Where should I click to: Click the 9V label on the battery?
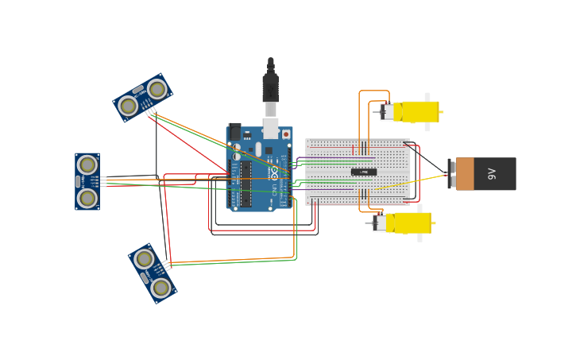[492, 173]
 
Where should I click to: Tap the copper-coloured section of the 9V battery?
[465, 173]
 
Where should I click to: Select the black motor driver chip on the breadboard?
[364, 172]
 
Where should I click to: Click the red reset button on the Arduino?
[286, 134]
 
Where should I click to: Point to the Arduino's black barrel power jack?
[234, 132]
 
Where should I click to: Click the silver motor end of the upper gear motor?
[387, 112]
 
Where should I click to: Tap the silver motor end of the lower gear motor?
[380, 223]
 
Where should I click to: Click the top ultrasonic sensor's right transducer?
[157, 89]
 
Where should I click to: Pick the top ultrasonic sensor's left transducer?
[128, 105]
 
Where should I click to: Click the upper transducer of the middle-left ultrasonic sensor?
[87, 165]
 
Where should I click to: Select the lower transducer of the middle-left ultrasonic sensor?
[87, 197]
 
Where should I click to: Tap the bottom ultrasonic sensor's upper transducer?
[144, 259]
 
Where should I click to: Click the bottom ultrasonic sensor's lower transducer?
[160, 287]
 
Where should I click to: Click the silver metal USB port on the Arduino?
[271, 127]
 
